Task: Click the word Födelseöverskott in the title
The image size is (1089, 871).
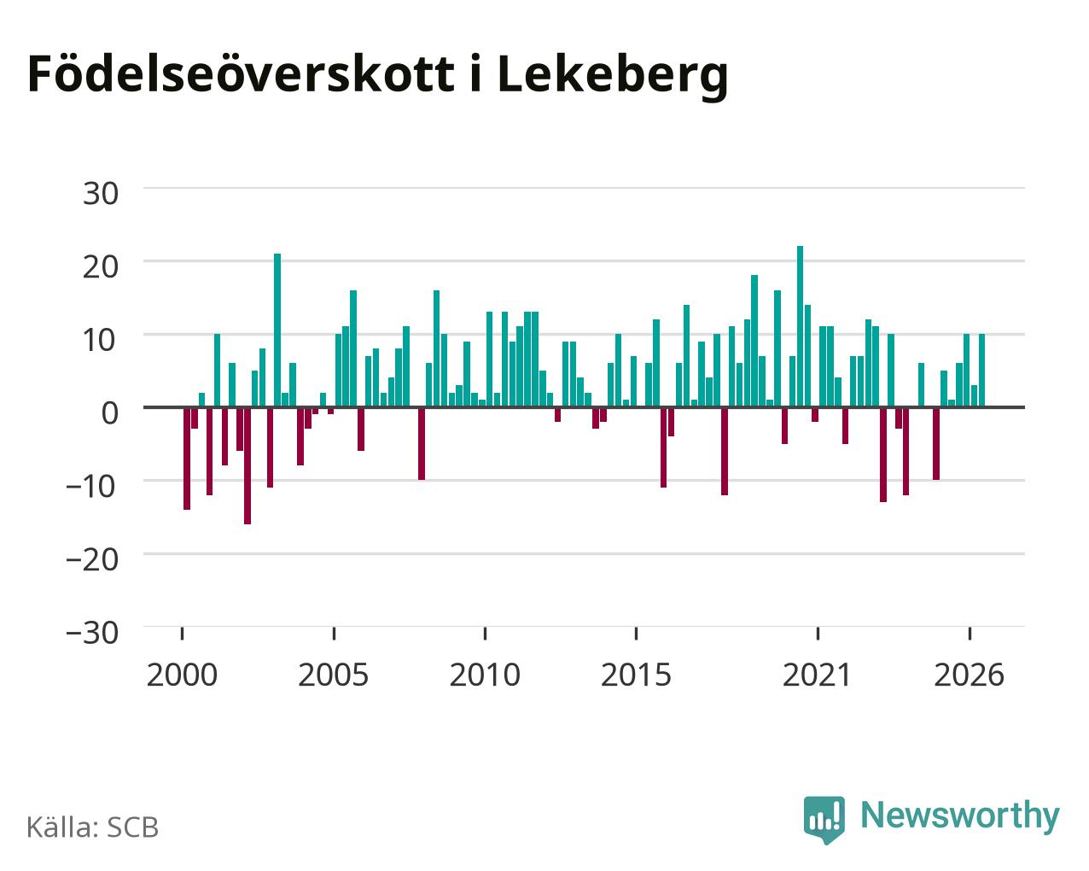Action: click(241, 74)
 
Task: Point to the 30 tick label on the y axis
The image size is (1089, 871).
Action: click(101, 194)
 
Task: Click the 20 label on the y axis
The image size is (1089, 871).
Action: click(101, 267)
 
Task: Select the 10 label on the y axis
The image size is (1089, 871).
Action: click(101, 341)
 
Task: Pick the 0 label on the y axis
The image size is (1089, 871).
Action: click(110, 413)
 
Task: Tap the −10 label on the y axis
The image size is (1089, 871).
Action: click(92, 487)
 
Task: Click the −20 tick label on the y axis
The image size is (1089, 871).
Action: click(92, 559)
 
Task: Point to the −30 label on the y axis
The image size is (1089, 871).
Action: click(92, 633)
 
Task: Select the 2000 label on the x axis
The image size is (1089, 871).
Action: click(182, 675)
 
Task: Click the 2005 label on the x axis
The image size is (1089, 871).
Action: click(334, 675)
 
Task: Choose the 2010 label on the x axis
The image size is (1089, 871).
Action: click(485, 675)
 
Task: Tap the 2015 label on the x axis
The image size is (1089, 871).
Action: click(636, 675)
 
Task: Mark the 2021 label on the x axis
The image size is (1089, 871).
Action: click(818, 675)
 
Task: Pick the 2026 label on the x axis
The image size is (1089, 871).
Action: click(969, 675)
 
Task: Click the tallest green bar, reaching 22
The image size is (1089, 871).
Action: click(800, 326)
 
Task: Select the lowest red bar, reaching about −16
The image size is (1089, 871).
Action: click(247, 465)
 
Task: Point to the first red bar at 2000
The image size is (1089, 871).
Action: click(187, 459)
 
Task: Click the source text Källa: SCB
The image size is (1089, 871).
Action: click(93, 827)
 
